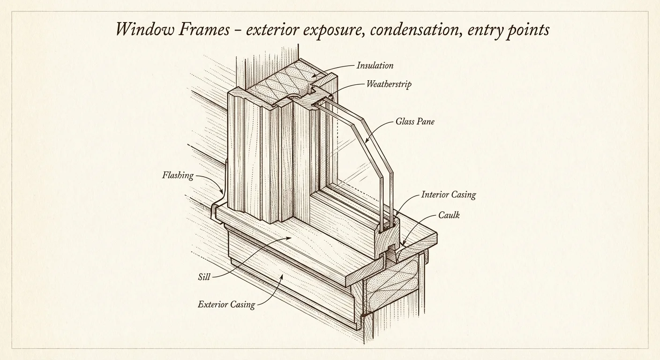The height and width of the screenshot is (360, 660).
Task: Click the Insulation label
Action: tap(375, 66)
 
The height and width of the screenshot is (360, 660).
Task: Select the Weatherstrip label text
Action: tap(389, 85)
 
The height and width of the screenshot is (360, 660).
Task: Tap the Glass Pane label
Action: tap(415, 121)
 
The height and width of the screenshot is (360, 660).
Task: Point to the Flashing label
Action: tap(178, 176)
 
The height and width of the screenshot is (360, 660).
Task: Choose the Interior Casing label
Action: tap(448, 195)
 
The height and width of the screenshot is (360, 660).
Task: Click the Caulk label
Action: tap(449, 215)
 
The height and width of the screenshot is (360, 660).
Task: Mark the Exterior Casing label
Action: tap(226, 305)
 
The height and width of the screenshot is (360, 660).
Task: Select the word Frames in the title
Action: tap(205, 30)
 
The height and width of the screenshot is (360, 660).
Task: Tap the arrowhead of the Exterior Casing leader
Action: tap(281, 277)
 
